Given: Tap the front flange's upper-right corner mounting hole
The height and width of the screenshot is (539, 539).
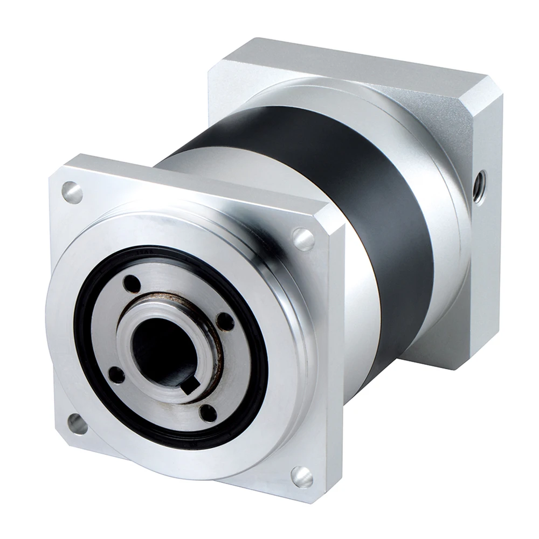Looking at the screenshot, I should (303, 239).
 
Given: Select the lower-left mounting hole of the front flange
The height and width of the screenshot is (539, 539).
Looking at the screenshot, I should (77, 424).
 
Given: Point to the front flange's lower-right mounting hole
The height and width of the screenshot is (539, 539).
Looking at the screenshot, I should (302, 476).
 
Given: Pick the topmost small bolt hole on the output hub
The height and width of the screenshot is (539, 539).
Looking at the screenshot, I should (131, 284).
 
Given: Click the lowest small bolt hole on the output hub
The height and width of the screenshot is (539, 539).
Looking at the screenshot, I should (208, 413).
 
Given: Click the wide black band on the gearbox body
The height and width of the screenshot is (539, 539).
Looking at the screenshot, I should (377, 216).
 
